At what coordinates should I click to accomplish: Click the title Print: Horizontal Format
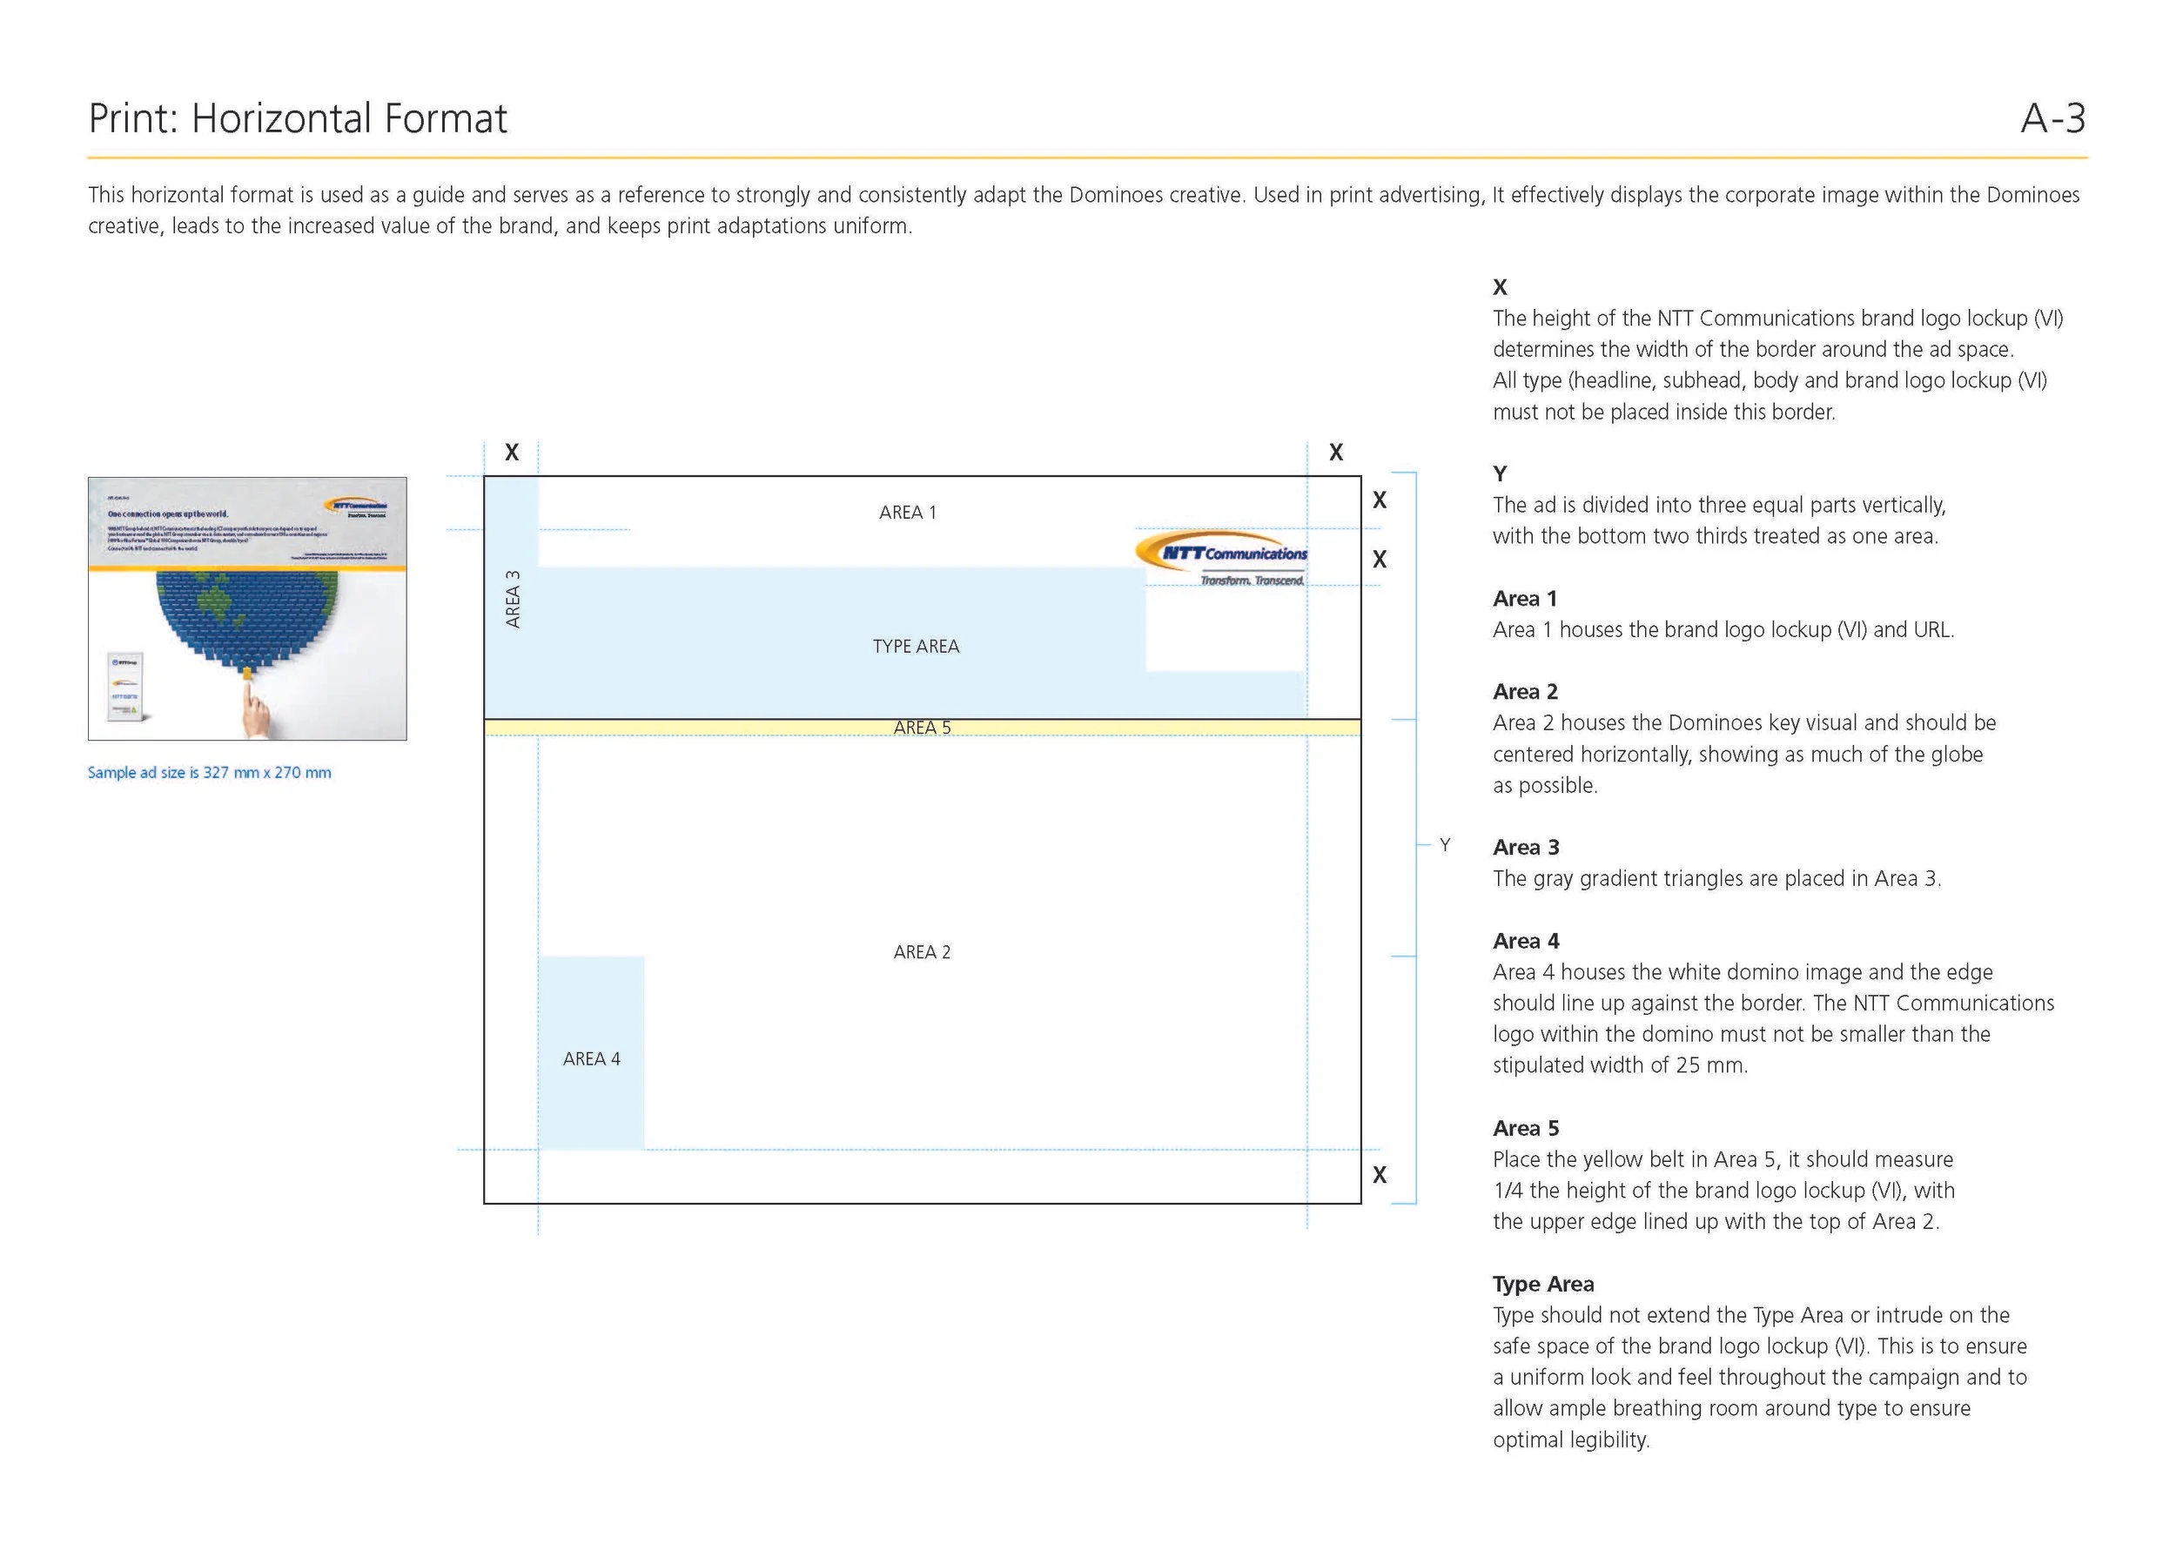click(x=298, y=119)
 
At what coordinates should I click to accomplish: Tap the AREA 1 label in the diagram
click(x=907, y=513)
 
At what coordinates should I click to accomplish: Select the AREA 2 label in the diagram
click(x=921, y=951)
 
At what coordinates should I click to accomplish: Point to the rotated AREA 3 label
click(x=513, y=599)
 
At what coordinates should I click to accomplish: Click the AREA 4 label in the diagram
click(x=591, y=1058)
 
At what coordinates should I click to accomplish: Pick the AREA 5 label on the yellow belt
click(x=921, y=728)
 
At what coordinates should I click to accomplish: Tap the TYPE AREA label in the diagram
click(x=916, y=647)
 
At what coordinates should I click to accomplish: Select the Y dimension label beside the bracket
click(x=1444, y=844)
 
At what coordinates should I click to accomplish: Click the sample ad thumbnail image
click(x=247, y=608)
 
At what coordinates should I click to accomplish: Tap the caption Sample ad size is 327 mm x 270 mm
click(x=209, y=772)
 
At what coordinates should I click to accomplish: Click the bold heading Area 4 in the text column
click(x=1525, y=940)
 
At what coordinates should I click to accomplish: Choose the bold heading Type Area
click(x=1542, y=1284)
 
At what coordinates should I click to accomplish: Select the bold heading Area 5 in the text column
click(x=1525, y=1128)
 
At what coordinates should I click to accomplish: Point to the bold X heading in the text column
click(x=1499, y=287)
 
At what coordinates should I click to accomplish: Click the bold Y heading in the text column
click(x=1499, y=473)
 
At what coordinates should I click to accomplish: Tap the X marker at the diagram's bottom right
click(x=1380, y=1175)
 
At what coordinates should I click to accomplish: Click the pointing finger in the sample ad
click(x=253, y=708)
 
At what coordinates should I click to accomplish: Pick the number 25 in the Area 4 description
click(x=1688, y=1064)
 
